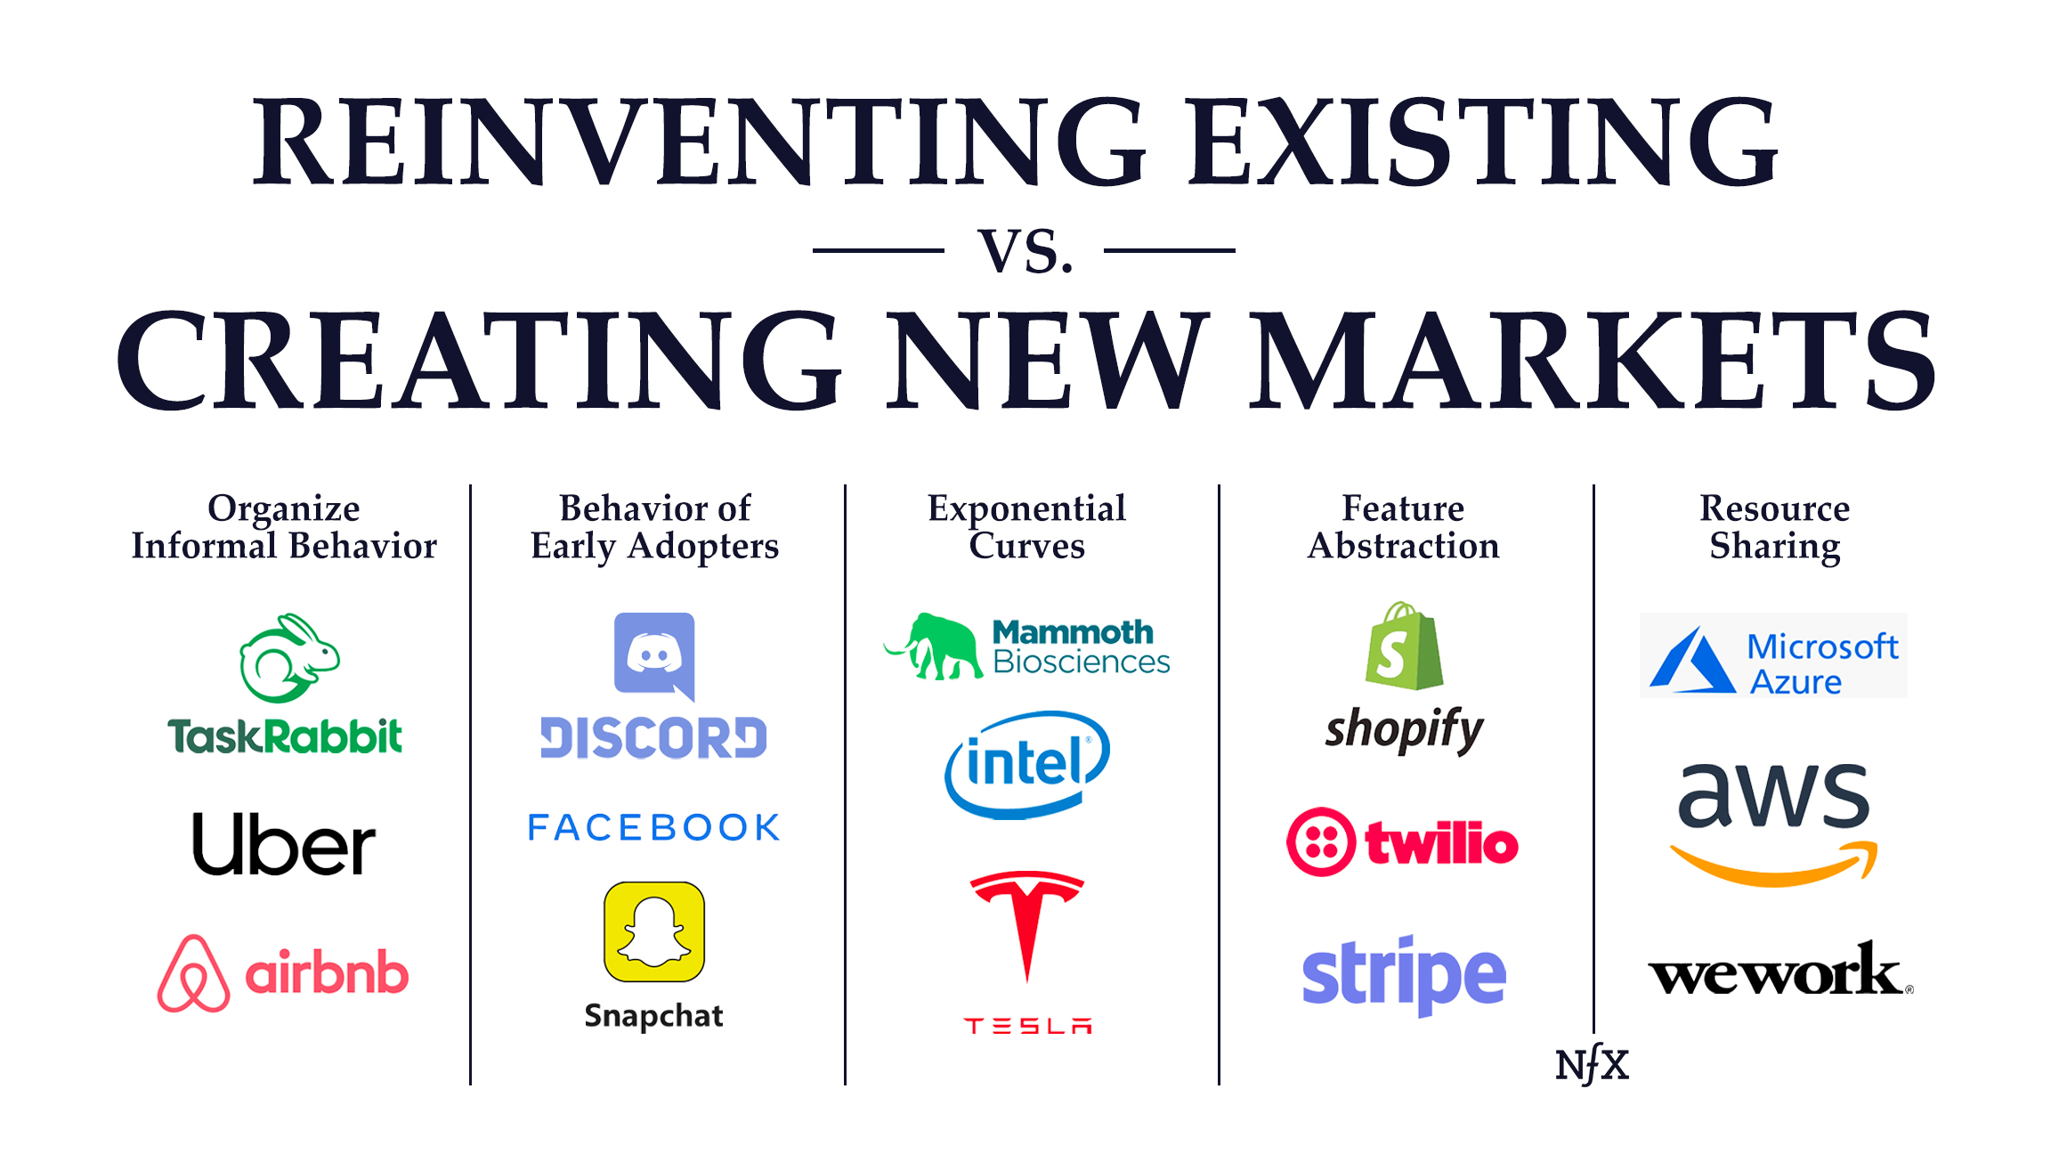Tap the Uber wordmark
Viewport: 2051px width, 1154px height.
pyautogui.click(x=284, y=844)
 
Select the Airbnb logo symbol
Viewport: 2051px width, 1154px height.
pyautogui.click(x=193, y=974)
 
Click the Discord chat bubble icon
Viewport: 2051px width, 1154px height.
pyautogui.click(x=654, y=655)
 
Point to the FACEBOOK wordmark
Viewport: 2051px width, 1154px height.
pyautogui.click(x=654, y=827)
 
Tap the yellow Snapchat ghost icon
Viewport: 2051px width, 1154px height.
pyautogui.click(x=654, y=931)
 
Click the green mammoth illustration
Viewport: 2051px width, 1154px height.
pyautogui.click(x=935, y=646)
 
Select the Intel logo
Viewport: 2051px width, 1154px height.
pyautogui.click(x=1026, y=764)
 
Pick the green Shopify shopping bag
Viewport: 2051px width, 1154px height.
pyautogui.click(x=1404, y=646)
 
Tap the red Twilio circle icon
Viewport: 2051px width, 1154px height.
pyautogui.click(x=1321, y=842)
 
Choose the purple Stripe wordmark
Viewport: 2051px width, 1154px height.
pyautogui.click(x=1404, y=976)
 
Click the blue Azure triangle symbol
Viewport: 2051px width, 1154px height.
pyautogui.click(x=1690, y=662)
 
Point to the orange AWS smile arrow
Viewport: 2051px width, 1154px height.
pyautogui.click(x=1774, y=865)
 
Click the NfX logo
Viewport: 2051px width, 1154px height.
pyautogui.click(x=1592, y=1064)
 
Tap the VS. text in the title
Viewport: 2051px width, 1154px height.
pyautogui.click(x=1025, y=251)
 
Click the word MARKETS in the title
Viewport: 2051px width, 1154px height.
pyautogui.click(x=1593, y=361)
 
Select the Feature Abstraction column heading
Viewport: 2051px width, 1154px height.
pyautogui.click(x=1404, y=527)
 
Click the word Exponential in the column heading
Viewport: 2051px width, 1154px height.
pyautogui.click(x=1026, y=508)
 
